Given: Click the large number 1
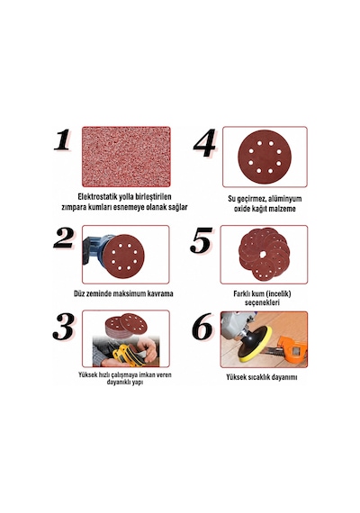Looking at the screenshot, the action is coord(62,139).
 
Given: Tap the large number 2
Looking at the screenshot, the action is coord(64,238).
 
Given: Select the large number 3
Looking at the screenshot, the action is coord(64,327).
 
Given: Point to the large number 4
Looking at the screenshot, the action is coord(204,143).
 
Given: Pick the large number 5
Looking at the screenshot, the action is coord(201,241).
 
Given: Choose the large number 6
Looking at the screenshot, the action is coord(202,327).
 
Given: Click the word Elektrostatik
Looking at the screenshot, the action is coord(98,197).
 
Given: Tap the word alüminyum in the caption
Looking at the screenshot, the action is coord(284,199).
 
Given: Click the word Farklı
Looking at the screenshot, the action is coord(241,293).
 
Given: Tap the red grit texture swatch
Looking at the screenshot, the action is coord(126,157).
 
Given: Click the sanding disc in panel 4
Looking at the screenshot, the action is coord(264,157).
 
